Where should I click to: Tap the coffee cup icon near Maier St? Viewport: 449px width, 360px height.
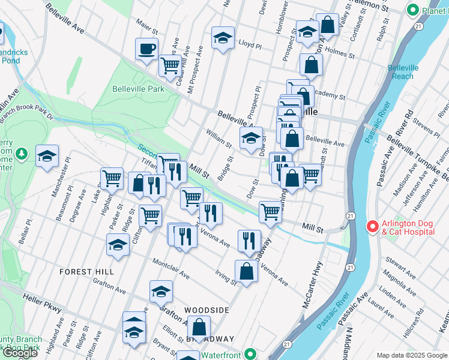pos(146,49)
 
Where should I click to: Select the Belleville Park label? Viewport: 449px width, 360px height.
pos(138,89)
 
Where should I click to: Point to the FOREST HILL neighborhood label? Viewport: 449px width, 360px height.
pos(86,272)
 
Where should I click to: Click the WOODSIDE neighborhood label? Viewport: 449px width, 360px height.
pos(206,310)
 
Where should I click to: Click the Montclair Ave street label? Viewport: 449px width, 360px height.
pos(171,269)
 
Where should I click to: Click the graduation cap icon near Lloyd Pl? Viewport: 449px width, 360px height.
pos(223,38)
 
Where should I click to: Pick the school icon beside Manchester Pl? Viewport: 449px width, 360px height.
pos(47,156)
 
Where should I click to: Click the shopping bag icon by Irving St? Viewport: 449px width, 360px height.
pos(247,271)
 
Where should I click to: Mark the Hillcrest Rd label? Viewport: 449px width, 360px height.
pos(414,322)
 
